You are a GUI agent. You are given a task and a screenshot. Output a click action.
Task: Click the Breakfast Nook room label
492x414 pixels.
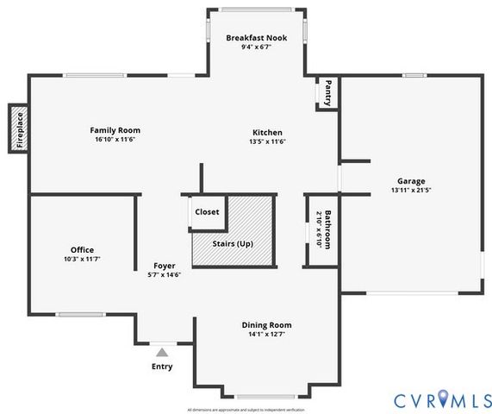click(257, 38)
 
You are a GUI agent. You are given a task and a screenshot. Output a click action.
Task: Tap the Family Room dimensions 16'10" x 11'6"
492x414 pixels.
click(115, 139)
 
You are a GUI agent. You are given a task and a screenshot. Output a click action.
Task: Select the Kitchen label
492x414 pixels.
click(267, 132)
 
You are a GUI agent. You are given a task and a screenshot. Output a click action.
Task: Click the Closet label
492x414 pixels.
click(207, 211)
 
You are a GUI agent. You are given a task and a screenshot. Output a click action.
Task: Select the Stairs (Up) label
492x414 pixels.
click(233, 244)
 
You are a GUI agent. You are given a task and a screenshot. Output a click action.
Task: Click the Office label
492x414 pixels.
click(82, 250)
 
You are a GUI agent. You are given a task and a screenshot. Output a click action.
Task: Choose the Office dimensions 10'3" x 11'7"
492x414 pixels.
click(82, 259)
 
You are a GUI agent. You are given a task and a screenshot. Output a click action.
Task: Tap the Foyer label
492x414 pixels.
click(165, 266)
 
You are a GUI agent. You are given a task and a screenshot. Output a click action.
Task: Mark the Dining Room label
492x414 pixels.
click(266, 325)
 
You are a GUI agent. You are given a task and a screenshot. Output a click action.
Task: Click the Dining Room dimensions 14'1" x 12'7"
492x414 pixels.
click(266, 334)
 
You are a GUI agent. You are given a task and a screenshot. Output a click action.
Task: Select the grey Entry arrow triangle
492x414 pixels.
click(161, 351)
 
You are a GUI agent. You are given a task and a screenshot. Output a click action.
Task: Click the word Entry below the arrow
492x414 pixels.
click(162, 366)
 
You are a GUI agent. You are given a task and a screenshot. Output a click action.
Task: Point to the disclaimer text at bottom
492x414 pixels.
click(246, 410)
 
